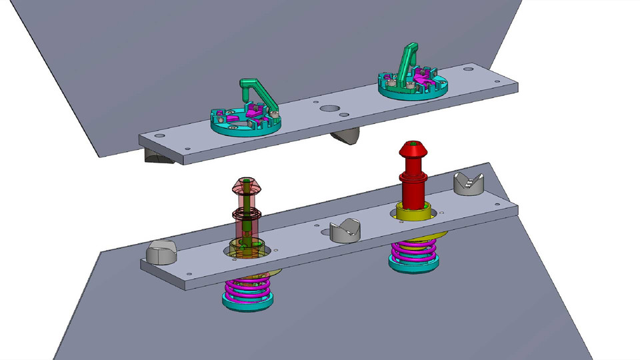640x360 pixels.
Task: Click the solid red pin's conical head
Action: pos(414,155)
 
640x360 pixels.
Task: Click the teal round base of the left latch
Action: pos(230,126)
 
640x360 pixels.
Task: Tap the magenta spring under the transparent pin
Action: pos(247,288)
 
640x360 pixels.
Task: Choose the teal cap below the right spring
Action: pos(414,267)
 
